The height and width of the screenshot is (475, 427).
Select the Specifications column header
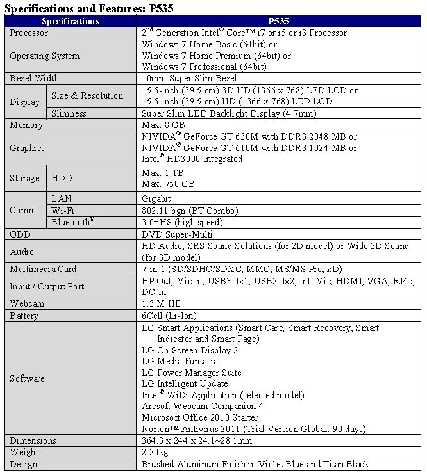coord(70,21)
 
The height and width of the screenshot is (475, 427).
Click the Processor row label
coord(29,33)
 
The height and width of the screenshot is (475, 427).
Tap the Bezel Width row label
coord(34,78)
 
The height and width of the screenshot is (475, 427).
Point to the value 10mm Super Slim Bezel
coord(189,78)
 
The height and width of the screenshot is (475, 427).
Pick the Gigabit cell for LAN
coord(156,198)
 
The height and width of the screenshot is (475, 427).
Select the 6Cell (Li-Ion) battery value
coord(169,316)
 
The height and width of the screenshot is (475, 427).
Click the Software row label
coord(27,378)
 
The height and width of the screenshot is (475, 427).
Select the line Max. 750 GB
coord(168,184)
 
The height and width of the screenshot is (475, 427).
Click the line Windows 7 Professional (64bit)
coord(203,67)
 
